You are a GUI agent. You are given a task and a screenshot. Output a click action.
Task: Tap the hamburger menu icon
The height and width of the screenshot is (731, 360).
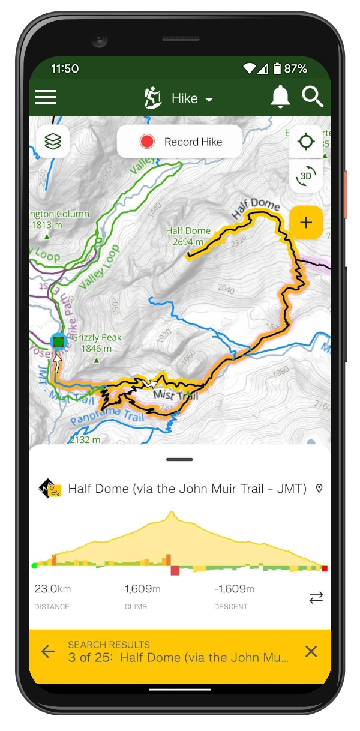click(x=46, y=97)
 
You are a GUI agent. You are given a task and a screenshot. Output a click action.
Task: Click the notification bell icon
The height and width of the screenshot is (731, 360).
click(x=280, y=97)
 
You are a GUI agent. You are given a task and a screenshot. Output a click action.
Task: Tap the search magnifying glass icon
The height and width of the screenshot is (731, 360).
click(x=313, y=97)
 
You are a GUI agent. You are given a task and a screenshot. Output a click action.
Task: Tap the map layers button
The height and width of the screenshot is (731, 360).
click(x=53, y=142)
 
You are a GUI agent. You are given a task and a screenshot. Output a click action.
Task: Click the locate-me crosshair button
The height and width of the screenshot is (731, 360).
click(x=306, y=142)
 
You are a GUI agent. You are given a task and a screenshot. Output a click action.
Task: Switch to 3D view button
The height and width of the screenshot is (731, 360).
click(x=306, y=176)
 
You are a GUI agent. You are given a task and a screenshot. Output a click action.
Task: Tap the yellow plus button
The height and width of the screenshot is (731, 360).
click(x=306, y=223)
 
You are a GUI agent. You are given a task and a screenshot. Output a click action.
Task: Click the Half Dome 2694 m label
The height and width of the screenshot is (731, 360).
click(x=188, y=236)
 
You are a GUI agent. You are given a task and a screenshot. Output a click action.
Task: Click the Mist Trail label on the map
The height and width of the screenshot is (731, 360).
click(x=175, y=395)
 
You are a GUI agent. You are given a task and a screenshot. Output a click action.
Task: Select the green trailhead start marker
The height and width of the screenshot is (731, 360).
click(x=58, y=342)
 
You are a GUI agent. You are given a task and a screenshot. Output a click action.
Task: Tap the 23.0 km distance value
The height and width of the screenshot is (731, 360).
click(x=53, y=589)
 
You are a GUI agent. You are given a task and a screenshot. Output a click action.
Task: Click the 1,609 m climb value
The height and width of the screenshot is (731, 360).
click(x=142, y=589)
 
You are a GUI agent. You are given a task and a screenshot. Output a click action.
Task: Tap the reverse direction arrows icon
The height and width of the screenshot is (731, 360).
click(x=316, y=597)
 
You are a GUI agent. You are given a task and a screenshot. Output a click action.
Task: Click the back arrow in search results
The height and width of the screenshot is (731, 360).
click(x=48, y=651)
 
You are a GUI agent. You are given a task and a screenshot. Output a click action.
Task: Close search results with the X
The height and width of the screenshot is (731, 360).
click(x=311, y=651)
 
